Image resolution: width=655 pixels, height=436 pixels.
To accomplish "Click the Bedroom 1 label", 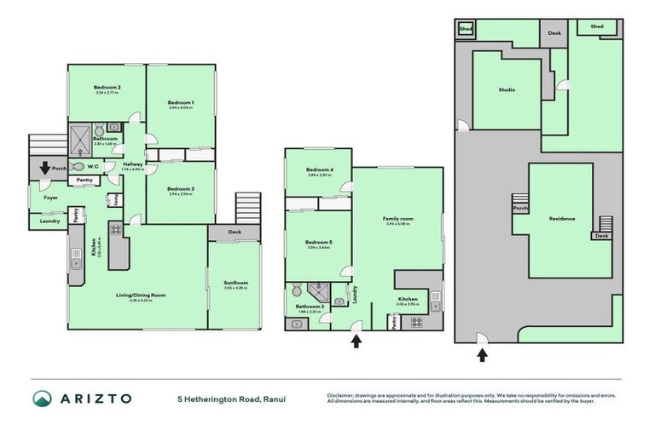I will coord(180,102).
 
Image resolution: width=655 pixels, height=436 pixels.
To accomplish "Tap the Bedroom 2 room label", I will coord(107,87).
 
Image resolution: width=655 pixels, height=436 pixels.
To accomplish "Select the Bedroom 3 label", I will coord(180,188).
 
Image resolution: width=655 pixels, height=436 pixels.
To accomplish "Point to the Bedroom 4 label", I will coord(320,169).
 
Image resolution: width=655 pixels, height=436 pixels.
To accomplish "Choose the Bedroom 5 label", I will coord(318,242).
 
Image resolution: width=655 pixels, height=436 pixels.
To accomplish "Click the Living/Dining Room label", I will coord(141,295).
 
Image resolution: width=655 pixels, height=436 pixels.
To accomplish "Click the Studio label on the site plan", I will coord(507,89).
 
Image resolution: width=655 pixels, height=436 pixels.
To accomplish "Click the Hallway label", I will coord(132,164).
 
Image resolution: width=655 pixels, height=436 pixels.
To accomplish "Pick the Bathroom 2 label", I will coord(308,306).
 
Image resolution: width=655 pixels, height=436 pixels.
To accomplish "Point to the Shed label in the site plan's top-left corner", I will coord(466,28).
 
